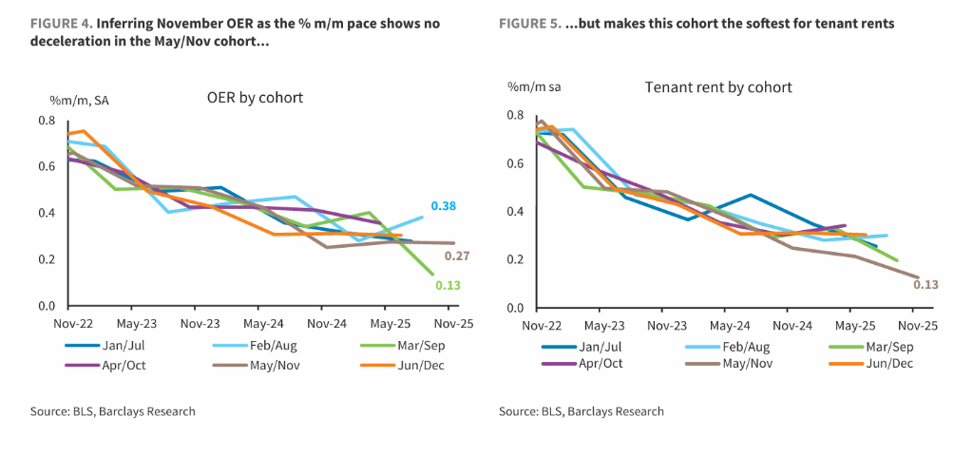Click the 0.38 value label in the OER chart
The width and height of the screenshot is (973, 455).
point(443,206)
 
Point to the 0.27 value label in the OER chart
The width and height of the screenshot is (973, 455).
point(456,256)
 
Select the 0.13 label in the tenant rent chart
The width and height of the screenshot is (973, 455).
point(925,283)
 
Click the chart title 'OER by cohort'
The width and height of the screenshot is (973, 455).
point(255,98)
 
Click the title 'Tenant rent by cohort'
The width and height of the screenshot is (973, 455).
point(718,88)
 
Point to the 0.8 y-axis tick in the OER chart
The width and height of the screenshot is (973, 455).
point(48,120)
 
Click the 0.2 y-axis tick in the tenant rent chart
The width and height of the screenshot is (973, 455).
point(516,259)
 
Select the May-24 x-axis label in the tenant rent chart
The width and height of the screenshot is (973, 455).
point(724,325)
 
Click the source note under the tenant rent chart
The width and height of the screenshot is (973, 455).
point(581,411)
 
